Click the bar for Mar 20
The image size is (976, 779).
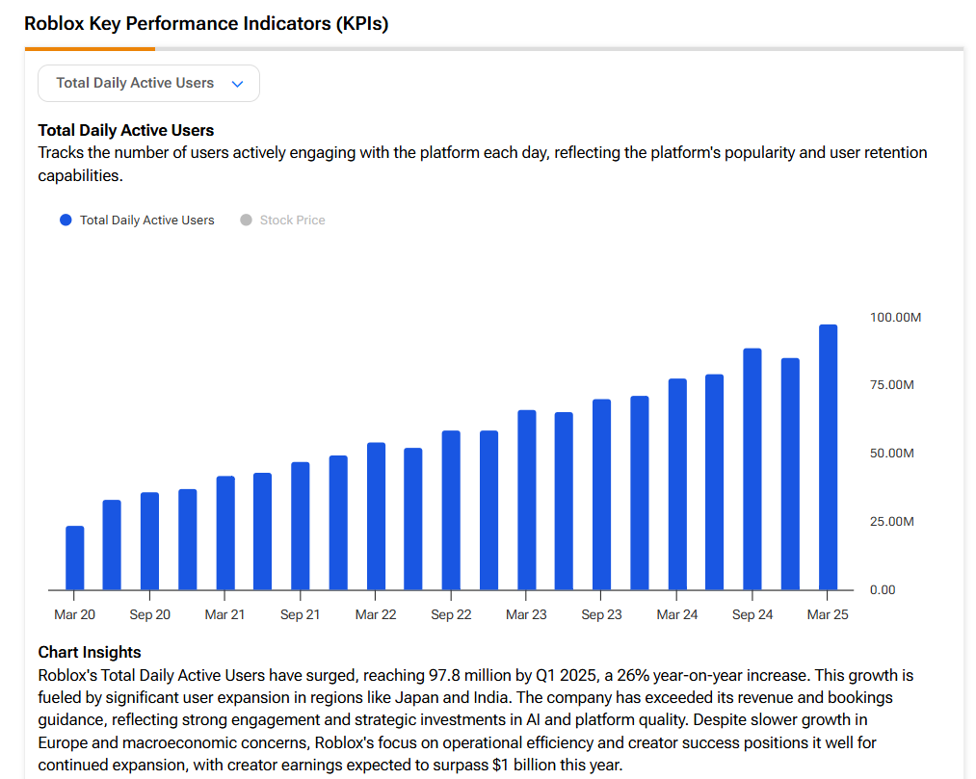tap(74, 558)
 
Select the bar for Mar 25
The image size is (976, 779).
tap(828, 457)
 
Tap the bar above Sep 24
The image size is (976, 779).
tap(752, 469)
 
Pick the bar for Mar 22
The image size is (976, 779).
tap(376, 516)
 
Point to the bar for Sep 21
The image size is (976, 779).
tap(301, 526)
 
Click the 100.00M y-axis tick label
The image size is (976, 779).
tap(895, 317)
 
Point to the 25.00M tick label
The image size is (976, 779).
tap(891, 521)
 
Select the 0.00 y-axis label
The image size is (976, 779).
tap(882, 589)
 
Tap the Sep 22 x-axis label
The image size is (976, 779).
tap(451, 614)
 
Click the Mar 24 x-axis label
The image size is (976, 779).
tap(677, 614)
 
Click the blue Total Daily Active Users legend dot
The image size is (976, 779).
tap(66, 221)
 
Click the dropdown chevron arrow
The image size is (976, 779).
tap(238, 84)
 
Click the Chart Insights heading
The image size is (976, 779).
tap(90, 652)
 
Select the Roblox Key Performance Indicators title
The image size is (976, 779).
tap(206, 24)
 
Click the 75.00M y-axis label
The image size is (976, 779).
tap(891, 385)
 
